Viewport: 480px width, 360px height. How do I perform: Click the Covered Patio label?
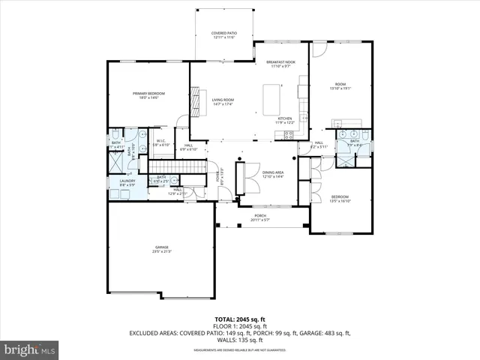coord(223,35)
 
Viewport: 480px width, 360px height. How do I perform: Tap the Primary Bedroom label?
coord(148,95)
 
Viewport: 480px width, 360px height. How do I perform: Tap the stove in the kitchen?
coord(302,118)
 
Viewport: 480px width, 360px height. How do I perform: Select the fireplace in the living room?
coord(197,101)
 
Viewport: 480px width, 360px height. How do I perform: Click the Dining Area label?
coord(273,175)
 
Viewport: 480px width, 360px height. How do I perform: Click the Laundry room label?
coord(127,183)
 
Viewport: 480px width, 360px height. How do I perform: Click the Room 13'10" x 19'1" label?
coord(340,85)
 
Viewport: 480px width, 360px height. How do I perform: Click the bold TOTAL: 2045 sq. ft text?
coord(241,319)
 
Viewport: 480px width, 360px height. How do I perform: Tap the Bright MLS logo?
coord(29,349)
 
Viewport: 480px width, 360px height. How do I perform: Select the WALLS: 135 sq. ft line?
coord(241,339)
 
